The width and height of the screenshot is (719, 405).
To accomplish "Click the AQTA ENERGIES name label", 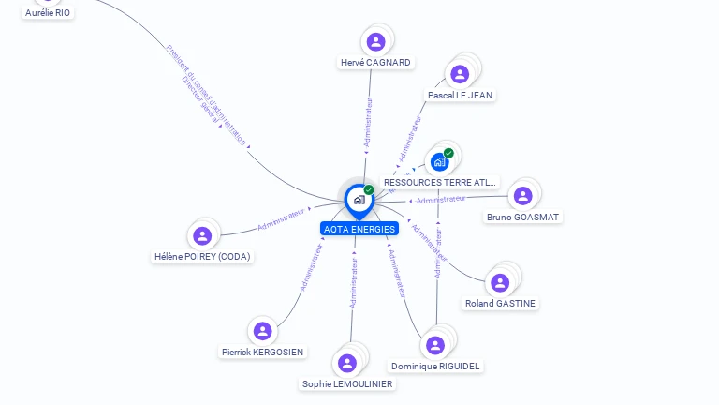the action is coord(359,229).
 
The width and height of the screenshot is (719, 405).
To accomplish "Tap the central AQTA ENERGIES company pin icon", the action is coord(359,199).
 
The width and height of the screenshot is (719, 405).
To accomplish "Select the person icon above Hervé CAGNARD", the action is coord(375,41).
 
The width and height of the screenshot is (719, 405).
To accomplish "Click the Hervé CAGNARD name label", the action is coord(375,63).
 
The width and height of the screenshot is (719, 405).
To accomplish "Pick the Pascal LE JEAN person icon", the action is coord(460,74).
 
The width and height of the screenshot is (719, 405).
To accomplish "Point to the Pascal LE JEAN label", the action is coord(460,95).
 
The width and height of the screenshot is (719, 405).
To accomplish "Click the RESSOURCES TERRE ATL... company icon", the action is coord(440,161).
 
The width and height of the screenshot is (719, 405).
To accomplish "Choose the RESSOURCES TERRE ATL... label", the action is coord(440,182).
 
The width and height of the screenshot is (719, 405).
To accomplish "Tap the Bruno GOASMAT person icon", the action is coord(522,195).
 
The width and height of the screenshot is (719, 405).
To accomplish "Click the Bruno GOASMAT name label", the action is coord(523,217).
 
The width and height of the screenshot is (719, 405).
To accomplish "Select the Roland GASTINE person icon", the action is coord(500,282).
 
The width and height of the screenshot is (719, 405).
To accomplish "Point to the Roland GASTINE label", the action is coord(501,303).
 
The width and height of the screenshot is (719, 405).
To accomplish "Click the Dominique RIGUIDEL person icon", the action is coord(435,345).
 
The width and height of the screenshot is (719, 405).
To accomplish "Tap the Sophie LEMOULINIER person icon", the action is coord(347,363).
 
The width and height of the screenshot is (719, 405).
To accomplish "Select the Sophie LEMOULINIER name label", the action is coord(347,383).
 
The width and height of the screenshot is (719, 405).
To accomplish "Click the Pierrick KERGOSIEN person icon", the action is coord(263,331).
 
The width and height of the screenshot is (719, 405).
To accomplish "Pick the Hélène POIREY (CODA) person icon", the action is coord(202,235).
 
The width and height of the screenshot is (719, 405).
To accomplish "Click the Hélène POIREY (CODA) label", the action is coord(203,256).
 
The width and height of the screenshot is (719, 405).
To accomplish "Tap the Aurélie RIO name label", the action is coord(48,12).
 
